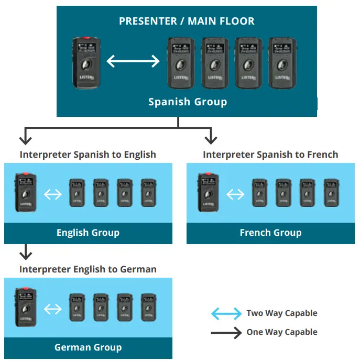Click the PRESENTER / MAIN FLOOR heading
coord(187,21)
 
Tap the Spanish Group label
coord(188,102)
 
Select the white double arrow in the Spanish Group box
coord(133,62)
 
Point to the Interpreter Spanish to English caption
coord(88,155)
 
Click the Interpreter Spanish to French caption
coord(270,155)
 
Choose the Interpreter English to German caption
coord(88,269)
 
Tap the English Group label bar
coord(88,233)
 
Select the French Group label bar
coord(270,233)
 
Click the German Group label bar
coord(88,347)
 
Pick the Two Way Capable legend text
coord(282,313)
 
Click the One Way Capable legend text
coord(282,332)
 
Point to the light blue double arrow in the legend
coord(226,314)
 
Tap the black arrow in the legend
coord(226,332)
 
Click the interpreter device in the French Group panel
coord(208,192)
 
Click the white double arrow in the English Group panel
coord(52,194)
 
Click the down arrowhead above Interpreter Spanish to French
coord(210,139)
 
